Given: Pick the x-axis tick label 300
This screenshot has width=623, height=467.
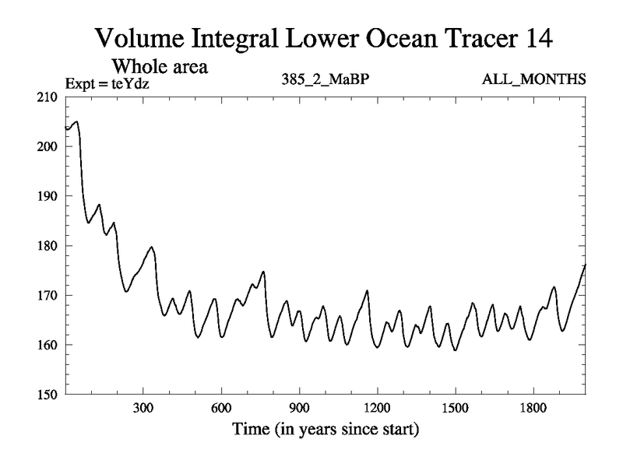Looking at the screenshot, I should [143, 408].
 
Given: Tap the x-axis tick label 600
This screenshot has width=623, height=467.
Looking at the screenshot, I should [221, 408].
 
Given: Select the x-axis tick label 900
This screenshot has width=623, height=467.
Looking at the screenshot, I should [299, 408].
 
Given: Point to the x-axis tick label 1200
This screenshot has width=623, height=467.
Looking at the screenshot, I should [377, 408].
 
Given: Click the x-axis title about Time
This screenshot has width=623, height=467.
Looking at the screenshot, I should [325, 429].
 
